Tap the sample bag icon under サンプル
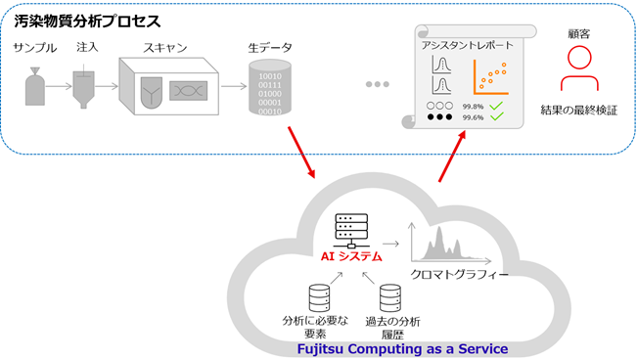(x=35, y=88)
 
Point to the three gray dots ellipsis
(x=377, y=85)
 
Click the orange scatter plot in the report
(x=494, y=77)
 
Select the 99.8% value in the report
(x=473, y=105)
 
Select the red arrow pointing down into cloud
(x=301, y=153)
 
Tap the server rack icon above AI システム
(x=348, y=231)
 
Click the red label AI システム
(x=351, y=255)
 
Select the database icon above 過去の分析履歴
(x=390, y=294)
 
